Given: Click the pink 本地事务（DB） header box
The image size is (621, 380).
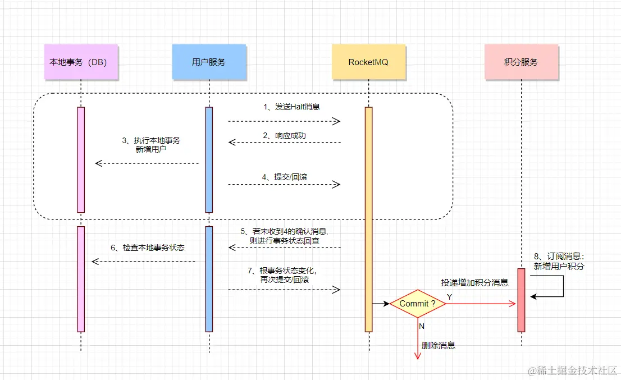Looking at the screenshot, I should (x=82, y=62).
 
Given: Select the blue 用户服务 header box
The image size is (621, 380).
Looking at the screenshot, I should (x=209, y=62).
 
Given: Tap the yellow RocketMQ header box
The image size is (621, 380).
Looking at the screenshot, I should (x=368, y=62).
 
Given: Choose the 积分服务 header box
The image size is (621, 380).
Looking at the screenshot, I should (x=522, y=62).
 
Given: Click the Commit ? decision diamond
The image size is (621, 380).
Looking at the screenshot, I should (x=418, y=304).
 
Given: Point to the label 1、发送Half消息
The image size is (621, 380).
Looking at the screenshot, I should (x=291, y=107).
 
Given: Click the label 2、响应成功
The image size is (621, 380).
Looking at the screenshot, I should (x=284, y=135).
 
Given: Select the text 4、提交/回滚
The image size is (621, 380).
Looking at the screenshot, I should (x=285, y=177).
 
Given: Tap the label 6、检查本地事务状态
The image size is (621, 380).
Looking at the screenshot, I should (x=148, y=248).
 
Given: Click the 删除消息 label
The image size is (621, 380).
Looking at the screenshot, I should (x=439, y=345).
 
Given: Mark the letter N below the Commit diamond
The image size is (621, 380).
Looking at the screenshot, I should (x=421, y=325).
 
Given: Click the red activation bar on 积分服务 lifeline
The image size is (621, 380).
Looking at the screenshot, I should (x=521, y=300).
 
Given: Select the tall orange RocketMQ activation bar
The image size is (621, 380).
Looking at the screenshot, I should (x=369, y=219).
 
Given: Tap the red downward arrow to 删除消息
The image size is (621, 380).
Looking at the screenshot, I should (x=417, y=340).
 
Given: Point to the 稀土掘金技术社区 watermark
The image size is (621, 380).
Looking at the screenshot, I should (x=572, y=370).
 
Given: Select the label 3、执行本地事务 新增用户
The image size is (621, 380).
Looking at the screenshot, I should (x=151, y=145).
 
